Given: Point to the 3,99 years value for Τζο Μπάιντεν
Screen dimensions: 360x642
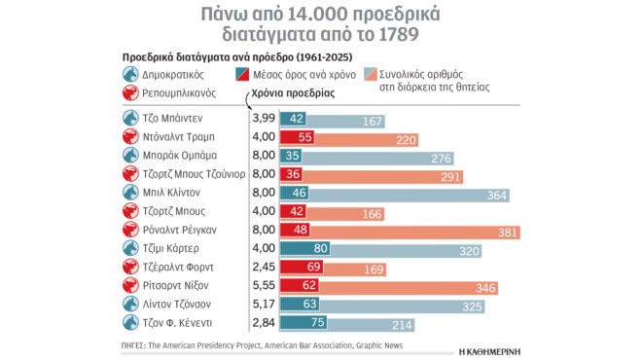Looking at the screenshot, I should coord(263,118).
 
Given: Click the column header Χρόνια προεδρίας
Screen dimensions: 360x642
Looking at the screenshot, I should coord(293,94).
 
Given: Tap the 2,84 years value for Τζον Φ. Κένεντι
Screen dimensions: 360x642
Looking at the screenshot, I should coord(263,323).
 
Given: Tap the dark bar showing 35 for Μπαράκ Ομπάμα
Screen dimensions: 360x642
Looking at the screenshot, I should coord(292,156).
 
